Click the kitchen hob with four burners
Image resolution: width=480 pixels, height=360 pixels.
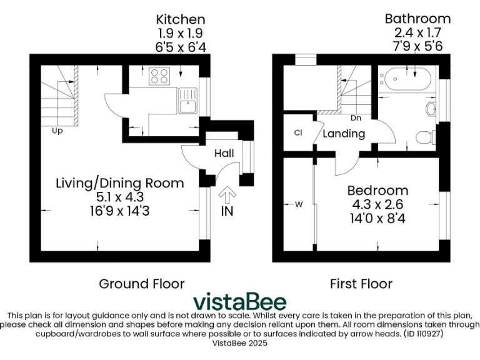coord(159,77)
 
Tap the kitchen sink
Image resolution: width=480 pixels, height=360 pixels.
coord(187,101)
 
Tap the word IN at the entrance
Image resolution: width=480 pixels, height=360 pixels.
coord(227,211)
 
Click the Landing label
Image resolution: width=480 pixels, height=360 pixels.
coord(344,134)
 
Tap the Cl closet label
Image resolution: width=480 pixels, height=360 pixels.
coord(298,132)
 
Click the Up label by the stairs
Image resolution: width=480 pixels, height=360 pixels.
coord(57,131)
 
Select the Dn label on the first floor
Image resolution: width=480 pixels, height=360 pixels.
coord(355,117)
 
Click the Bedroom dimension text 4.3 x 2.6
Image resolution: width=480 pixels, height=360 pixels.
coord(377,204)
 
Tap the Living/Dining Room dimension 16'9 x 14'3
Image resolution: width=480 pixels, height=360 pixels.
coord(120,211)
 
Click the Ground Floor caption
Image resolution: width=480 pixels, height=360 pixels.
coord(142,284)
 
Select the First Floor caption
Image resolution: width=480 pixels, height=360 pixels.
coord(361,284)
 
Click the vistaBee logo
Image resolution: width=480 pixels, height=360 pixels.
coord(240,302)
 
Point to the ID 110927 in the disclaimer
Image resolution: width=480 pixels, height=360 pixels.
coord(430,334)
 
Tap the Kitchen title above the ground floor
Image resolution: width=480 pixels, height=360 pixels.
coord(181,19)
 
